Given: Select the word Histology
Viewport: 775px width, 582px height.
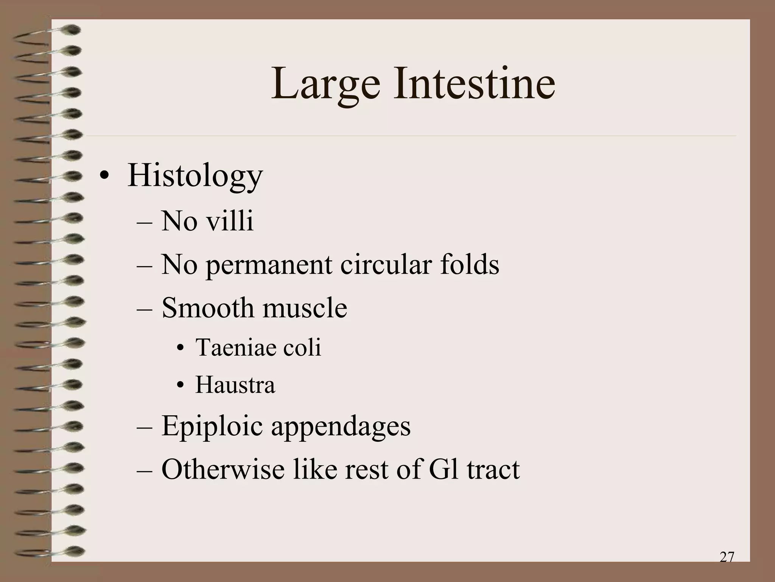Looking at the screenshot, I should tap(195, 177).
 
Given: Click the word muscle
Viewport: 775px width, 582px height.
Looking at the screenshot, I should tap(305, 307).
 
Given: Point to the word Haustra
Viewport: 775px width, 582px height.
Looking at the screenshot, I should tap(235, 385).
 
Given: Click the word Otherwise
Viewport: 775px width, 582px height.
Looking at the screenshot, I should tap(223, 469).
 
